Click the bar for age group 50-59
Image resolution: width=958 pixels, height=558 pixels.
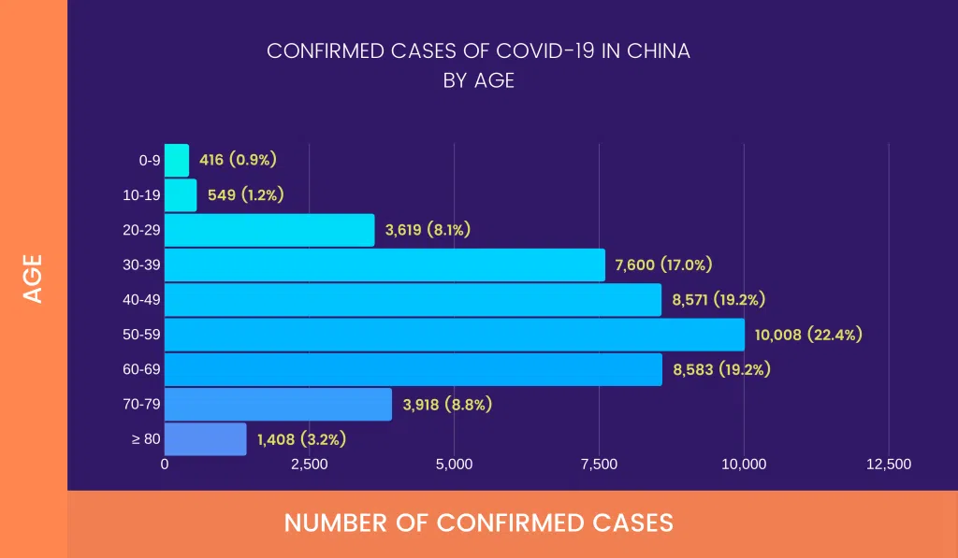(x=455, y=334)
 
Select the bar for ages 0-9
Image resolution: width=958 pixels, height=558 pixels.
(x=177, y=160)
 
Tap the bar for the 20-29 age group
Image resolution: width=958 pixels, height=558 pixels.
(x=269, y=230)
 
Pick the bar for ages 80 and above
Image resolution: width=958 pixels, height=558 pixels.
(x=206, y=439)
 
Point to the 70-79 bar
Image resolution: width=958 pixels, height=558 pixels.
(x=278, y=405)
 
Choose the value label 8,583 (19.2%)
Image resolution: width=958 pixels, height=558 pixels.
(x=721, y=369)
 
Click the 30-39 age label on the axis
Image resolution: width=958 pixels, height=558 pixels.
(x=142, y=265)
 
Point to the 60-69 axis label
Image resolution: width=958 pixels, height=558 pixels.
(x=142, y=369)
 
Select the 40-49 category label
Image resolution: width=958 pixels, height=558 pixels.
(x=142, y=300)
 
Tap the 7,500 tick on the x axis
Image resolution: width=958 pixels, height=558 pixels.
(x=599, y=465)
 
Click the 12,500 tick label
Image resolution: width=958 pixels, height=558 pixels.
(x=888, y=465)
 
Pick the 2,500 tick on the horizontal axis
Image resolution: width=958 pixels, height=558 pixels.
(x=309, y=465)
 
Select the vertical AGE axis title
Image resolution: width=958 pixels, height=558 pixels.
(x=34, y=279)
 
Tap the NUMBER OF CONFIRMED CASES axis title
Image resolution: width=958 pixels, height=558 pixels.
(x=478, y=522)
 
